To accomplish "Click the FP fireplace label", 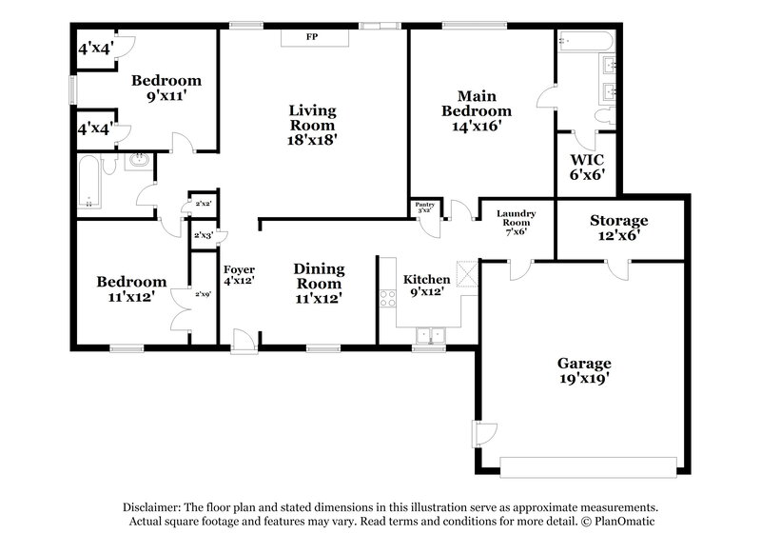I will coord(311,37).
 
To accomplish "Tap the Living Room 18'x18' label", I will coord(312,125).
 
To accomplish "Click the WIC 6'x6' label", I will coord(587,168).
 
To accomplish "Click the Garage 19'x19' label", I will coord(584,370).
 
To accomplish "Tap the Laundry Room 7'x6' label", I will coord(517,222).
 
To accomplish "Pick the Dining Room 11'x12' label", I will coord(318,283).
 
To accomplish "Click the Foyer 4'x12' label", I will coord(239,275).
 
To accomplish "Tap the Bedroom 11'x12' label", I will coord(131,289).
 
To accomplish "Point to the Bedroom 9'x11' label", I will coord(166,88).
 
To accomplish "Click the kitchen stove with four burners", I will coord(388,298).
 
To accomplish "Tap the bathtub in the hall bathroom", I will coord(88,184).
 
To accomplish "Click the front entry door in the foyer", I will coord(244,339).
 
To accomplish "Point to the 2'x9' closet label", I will coord(202,294).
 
